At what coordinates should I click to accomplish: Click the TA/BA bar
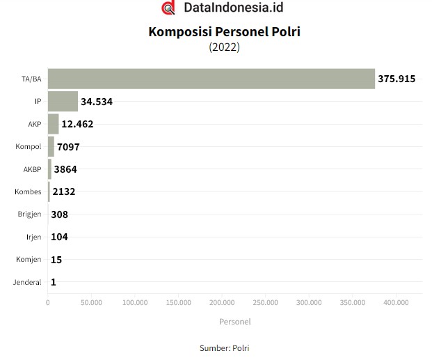[x=211, y=79]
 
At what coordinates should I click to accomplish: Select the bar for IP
[x=63, y=102]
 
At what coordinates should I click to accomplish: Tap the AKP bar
[x=53, y=125]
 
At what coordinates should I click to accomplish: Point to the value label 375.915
[x=397, y=79]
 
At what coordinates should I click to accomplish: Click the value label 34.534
[x=97, y=102]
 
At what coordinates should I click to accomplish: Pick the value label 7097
[x=69, y=147]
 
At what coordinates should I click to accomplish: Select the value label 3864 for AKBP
[x=66, y=169]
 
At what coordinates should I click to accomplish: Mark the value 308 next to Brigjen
[x=59, y=214]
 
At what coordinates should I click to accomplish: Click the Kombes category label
[x=28, y=191]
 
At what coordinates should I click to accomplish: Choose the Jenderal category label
[x=27, y=282]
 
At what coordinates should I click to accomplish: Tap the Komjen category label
[x=29, y=260]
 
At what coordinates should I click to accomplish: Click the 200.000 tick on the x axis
[x=222, y=303]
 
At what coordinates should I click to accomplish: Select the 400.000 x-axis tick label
[x=396, y=303]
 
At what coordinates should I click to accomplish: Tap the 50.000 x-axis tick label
[x=91, y=303]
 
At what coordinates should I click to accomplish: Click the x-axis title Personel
[x=234, y=322]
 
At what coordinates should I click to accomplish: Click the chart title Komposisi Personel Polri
[x=224, y=32]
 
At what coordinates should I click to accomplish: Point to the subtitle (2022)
[x=224, y=47]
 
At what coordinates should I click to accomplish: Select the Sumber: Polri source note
[x=224, y=347]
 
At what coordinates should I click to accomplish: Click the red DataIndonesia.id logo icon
[x=168, y=8]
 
